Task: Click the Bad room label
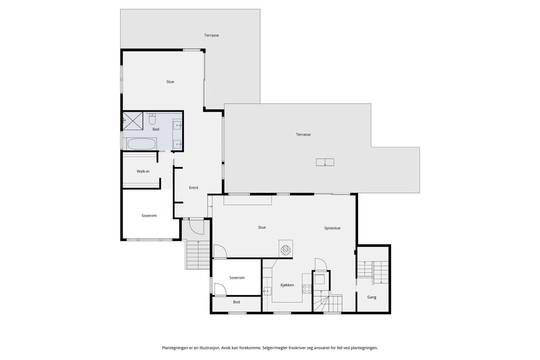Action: click(156, 129)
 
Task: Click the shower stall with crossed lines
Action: click(133, 121)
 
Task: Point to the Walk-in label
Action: click(143, 171)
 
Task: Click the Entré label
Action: click(194, 188)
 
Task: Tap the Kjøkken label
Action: click(287, 285)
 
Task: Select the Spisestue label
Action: click(332, 228)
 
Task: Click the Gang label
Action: click(372, 297)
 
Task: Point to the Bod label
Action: click(237, 302)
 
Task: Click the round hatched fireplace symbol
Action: click(286, 250)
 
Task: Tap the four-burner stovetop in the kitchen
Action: click(307, 289)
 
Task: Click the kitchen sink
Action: click(267, 291)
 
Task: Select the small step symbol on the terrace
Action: click(325, 162)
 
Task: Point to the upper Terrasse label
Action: click(211, 35)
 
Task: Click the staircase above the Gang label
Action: click(373, 272)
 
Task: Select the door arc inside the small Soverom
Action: click(220, 288)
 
